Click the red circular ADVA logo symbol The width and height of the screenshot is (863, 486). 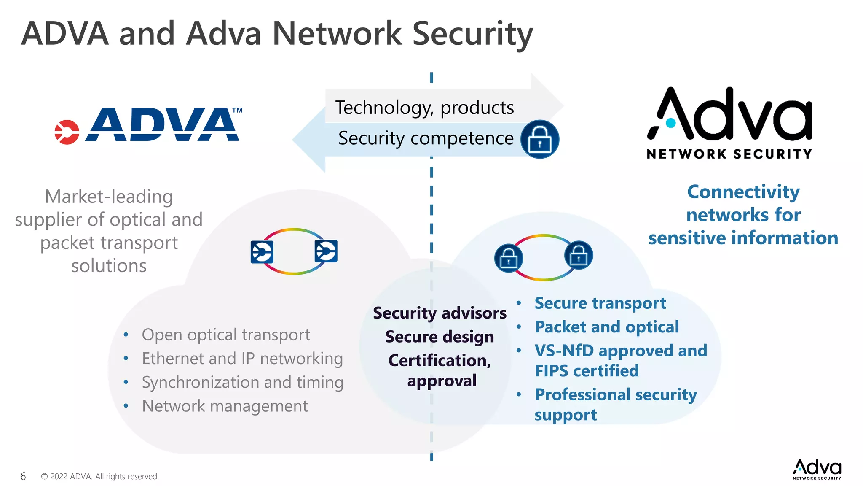pos(67,132)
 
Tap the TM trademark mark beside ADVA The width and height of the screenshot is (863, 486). pos(237,111)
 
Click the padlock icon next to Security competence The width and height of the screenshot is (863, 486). pos(539,139)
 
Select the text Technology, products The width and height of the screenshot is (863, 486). pos(424,108)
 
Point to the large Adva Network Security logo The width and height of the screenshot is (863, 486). pos(729,123)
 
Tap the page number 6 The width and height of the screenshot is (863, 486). pos(23,476)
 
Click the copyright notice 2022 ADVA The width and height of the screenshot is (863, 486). pos(100,476)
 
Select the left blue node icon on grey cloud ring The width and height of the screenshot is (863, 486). pos(262,252)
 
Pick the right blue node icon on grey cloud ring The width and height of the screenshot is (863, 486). pos(326,251)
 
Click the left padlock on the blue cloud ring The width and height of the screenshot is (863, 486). pos(509,258)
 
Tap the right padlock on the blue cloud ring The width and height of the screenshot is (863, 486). pos(579,255)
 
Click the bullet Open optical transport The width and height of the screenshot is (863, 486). pos(225,335)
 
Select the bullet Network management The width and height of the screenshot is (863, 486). pos(225,406)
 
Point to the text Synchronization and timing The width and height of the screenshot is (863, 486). pos(242,382)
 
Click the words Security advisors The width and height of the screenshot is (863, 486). pos(440,313)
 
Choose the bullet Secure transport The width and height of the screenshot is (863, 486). pos(600,303)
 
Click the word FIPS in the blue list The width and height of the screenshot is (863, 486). pos(552,371)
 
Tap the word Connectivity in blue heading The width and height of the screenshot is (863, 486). pos(743,192)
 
